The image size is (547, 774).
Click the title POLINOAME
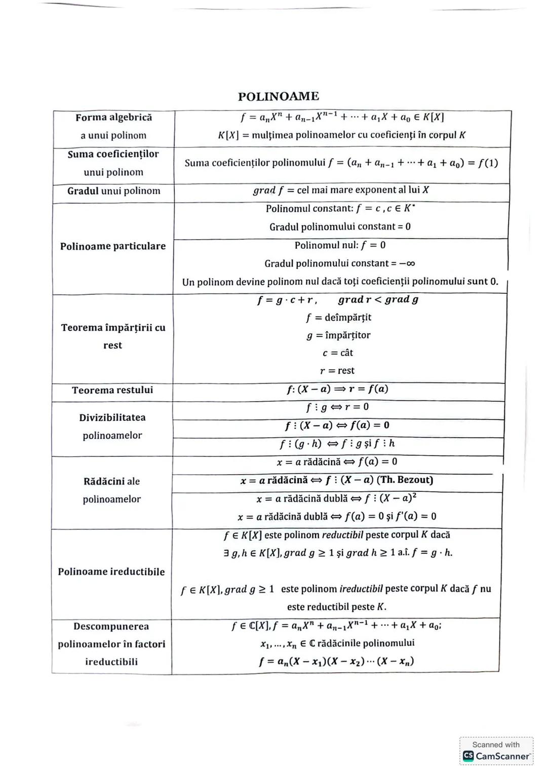(x=278, y=96)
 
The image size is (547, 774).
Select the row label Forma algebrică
(x=113, y=118)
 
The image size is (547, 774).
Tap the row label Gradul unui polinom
(x=113, y=191)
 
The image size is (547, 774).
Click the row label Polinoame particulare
(x=112, y=246)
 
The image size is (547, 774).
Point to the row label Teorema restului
(x=112, y=390)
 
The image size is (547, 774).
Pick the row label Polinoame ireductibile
(x=111, y=572)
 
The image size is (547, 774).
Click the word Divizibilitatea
(x=112, y=417)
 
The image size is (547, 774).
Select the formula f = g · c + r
(x=287, y=300)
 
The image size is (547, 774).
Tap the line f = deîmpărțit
(x=338, y=318)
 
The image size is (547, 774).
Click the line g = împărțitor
(x=338, y=335)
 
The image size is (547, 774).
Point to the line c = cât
(x=338, y=353)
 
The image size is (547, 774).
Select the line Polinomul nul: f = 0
(x=340, y=245)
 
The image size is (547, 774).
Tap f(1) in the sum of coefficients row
(x=488, y=163)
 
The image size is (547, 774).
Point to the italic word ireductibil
(x=361, y=589)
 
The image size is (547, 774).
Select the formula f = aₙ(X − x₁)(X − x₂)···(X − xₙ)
(x=336, y=662)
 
